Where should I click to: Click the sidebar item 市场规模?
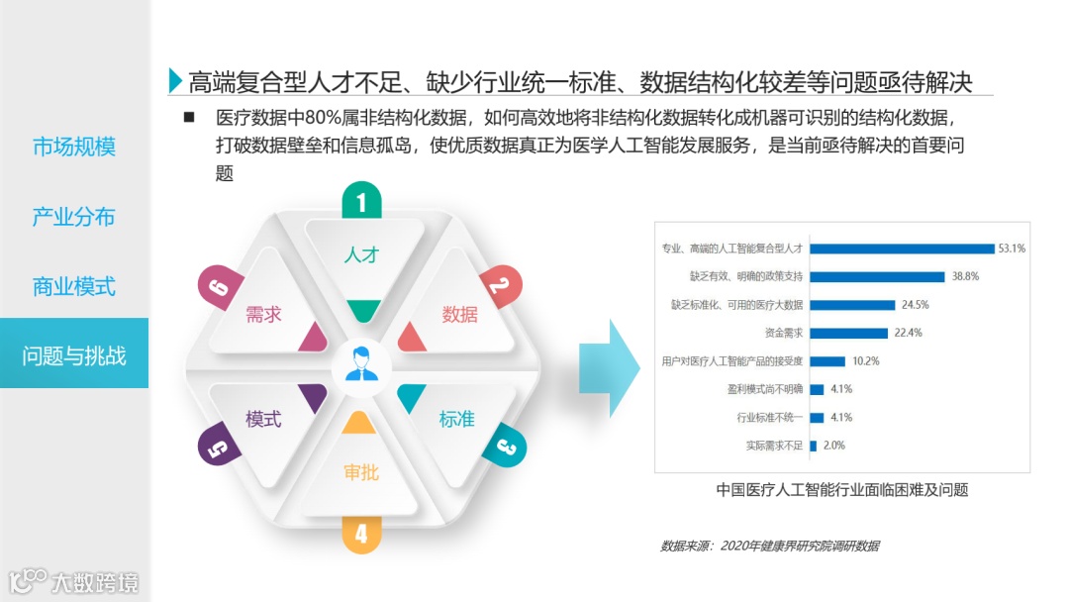point(74,148)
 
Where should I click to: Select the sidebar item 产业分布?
point(74,217)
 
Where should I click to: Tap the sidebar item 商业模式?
point(74,286)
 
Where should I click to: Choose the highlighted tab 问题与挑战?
point(74,355)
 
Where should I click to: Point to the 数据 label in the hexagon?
point(459,315)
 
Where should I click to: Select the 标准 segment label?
point(457,419)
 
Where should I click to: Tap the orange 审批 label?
point(361,472)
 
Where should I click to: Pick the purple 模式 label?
point(263,419)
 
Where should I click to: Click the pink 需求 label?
point(263,315)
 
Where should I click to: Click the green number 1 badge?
point(361,203)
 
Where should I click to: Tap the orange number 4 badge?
point(361,534)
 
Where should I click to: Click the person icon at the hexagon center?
point(361,364)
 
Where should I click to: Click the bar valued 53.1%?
point(902,248)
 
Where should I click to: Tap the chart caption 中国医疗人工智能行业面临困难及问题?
point(841,489)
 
